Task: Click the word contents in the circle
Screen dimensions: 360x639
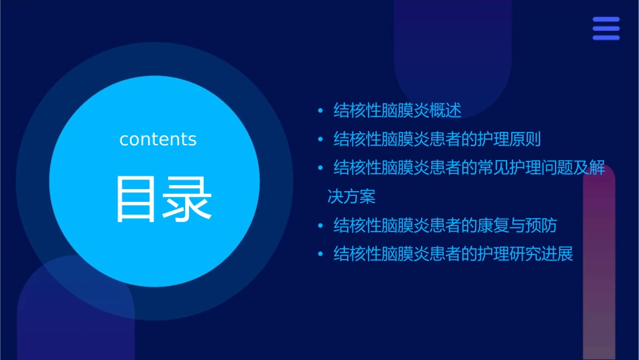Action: (158, 139)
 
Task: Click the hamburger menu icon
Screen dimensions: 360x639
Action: (606, 29)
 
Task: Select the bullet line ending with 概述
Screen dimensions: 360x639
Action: (398, 110)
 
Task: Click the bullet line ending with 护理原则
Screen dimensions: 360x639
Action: (437, 139)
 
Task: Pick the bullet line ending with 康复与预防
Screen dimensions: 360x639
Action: (445, 225)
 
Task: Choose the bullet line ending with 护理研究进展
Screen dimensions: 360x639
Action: (453, 254)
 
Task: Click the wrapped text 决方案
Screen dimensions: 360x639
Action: (351, 196)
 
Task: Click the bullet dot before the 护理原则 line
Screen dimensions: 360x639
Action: (320, 140)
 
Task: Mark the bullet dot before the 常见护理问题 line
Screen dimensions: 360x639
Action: (320, 168)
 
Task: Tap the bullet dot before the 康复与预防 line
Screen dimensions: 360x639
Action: (320, 225)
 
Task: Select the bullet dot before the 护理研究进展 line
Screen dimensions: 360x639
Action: (320, 254)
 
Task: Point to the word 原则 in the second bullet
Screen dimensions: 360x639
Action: (525, 139)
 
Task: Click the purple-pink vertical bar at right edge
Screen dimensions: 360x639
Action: (599, 269)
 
